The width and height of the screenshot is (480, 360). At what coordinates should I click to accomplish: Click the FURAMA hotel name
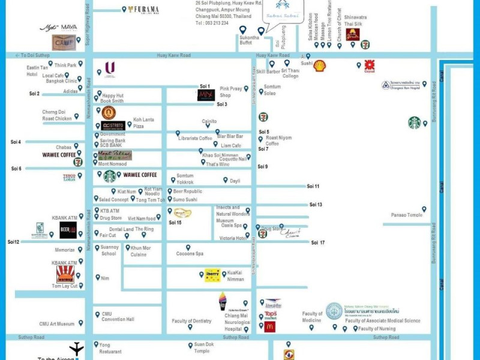click(147, 10)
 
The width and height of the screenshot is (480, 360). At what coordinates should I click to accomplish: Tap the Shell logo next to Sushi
click(320, 65)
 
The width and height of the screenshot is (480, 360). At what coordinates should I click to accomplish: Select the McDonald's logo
click(270, 327)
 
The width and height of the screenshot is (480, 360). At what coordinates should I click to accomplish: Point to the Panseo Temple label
click(407, 215)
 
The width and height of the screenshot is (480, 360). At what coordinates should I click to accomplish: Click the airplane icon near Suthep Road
click(76, 349)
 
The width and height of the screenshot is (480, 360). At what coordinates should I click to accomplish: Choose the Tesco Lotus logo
click(69, 177)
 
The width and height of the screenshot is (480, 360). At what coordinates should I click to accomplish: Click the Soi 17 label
click(318, 242)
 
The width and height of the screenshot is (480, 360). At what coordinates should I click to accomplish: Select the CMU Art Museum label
click(57, 323)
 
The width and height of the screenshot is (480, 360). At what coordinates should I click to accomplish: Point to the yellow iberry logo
click(212, 275)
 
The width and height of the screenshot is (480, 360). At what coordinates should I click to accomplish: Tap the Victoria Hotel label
click(233, 238)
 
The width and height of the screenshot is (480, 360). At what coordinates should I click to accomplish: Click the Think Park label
click(65, 65)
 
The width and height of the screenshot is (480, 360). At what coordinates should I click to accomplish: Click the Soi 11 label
click(313, 187)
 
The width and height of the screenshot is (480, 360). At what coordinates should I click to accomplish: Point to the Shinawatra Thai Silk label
click(355, 21)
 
